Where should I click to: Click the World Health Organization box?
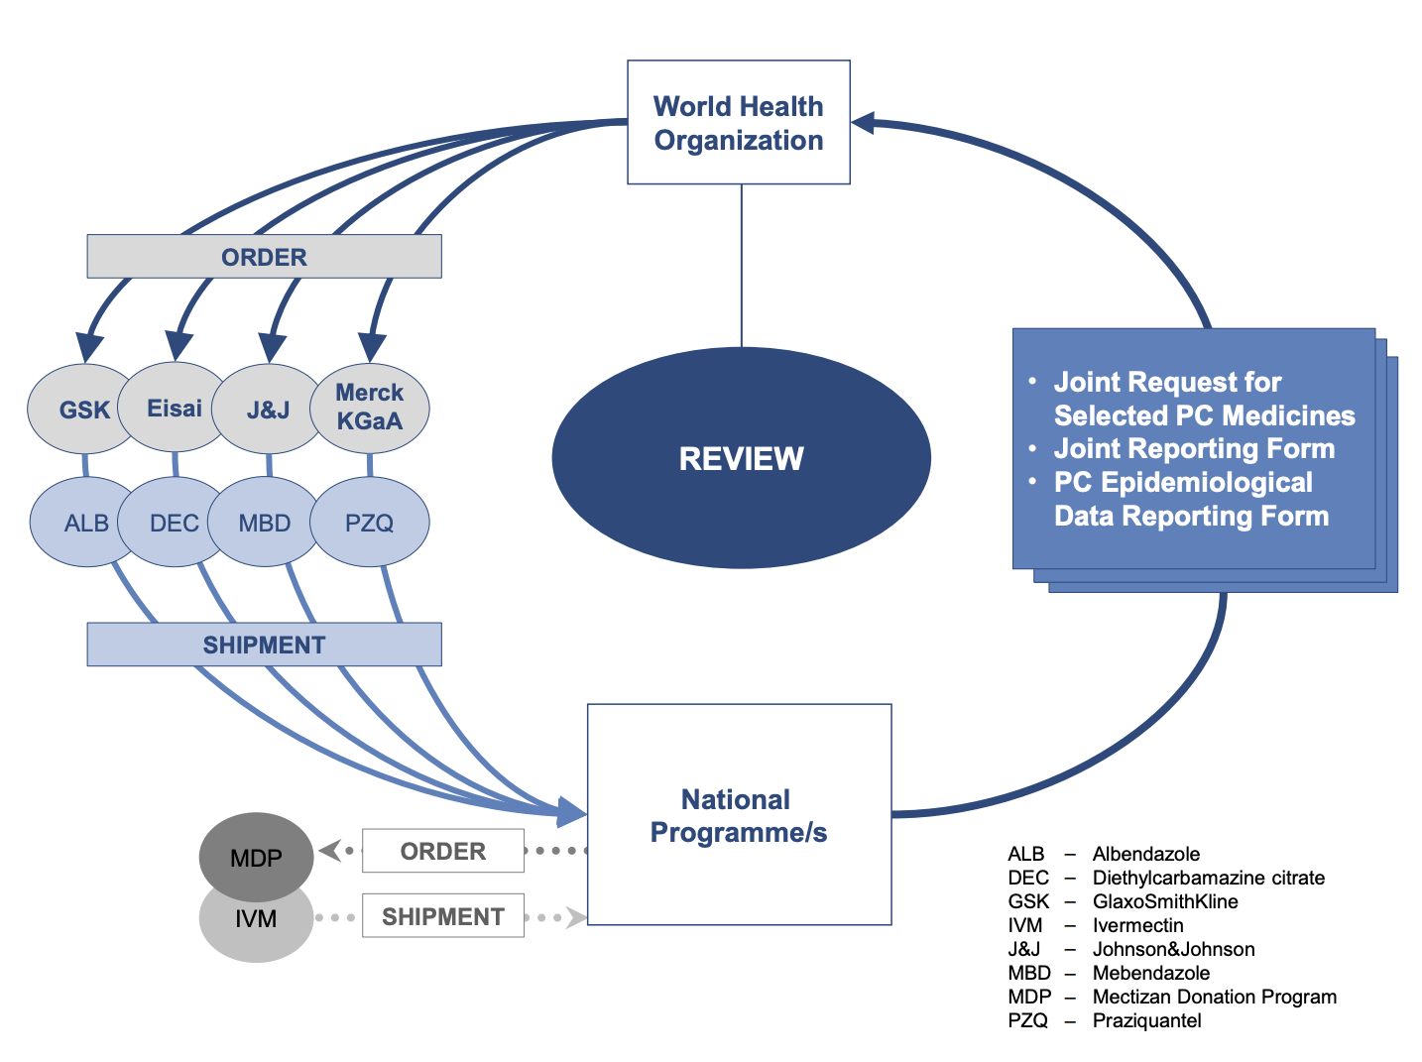click(x=738, y=123)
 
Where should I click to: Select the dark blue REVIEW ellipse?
click(x=741, y=458)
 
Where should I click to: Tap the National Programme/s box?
click(x=739, y=815)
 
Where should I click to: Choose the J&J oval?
click(x=266, y=410)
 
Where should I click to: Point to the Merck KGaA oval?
click(x=370, y=408)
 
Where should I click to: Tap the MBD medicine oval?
click(x=264, y=523)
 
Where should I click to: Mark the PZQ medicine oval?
click(x=370, y=523)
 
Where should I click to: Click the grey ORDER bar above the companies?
click(x=264, y=257)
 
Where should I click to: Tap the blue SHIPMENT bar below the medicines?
click(x=264, y=645)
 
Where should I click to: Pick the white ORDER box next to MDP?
click(x=442, y=851)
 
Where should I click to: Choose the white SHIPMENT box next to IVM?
click(x=442, y=916)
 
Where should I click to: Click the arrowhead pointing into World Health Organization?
click(x=863, y=123)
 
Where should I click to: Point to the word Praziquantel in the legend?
click(x=1146, y=1020)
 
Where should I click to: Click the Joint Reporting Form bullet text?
click(x=1194, y=448)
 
